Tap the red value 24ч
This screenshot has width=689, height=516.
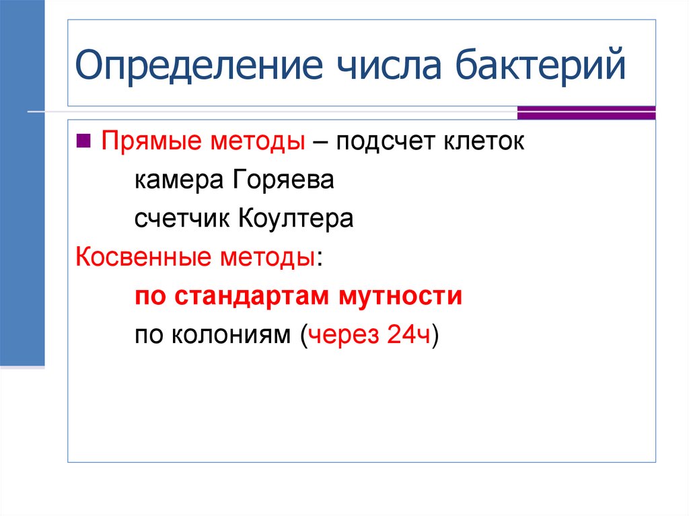tap(408, 334)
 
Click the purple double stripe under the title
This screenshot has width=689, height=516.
tap(586, 112)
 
